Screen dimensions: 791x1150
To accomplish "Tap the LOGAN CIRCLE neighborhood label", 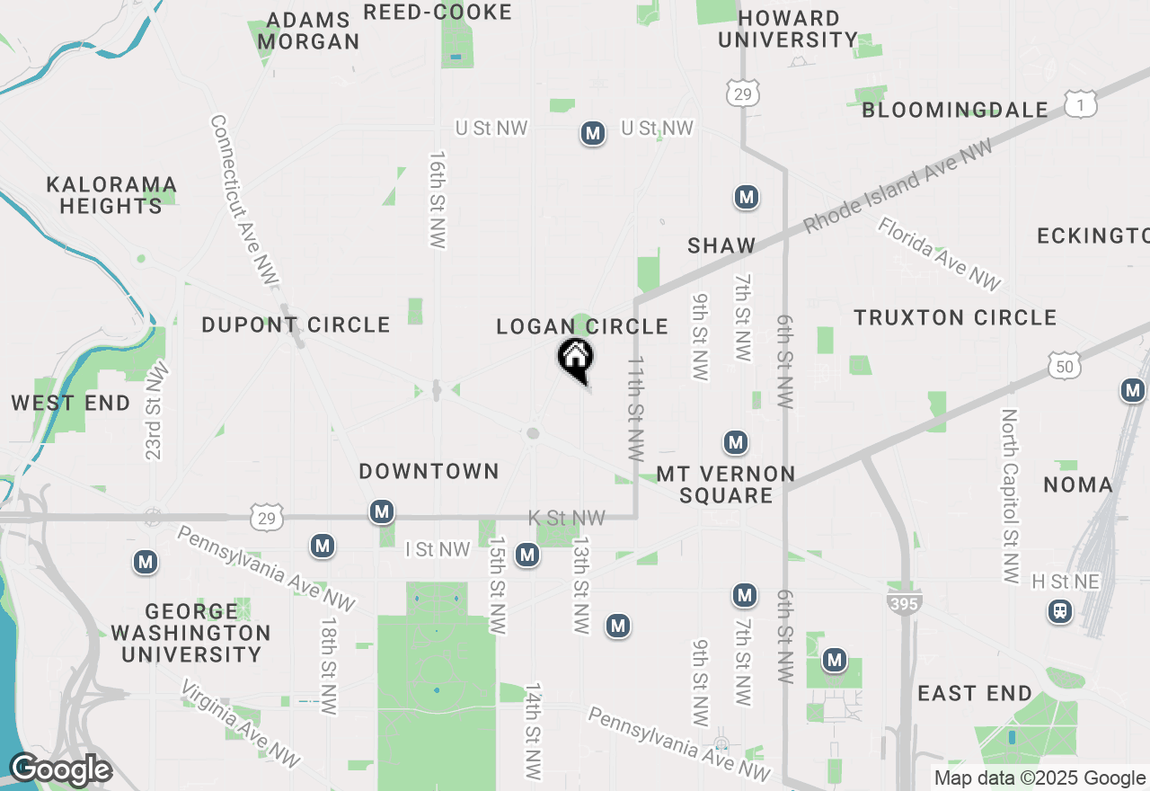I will pyautogui.click(x=582, y=326).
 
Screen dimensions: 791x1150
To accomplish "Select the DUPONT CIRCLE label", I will pyautogui.click(x=296, y=324).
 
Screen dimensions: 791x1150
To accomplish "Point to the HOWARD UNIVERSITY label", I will pyautogui.click(x=788, y=29).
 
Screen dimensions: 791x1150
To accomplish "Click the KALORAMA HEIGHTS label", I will pyautogui.click(x=111, y=195).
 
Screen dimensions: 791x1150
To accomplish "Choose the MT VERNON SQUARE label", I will pyautogui.click(x=726, y=484).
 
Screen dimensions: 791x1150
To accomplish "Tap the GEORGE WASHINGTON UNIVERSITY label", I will pyautogui.click(x=190, y=633).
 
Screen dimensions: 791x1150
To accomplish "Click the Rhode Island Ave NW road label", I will pyautogui.click(x=898, y=186).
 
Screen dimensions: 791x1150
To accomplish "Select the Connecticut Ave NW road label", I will pyautogui.click(x=243, y=201).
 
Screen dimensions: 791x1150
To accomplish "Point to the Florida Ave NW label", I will pyautogui.click(x=939, y=254).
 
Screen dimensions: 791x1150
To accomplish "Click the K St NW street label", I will pyautogui.click(x=566, y=518).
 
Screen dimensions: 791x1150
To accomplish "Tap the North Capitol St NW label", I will pyautogui.click(x=1010, y=496).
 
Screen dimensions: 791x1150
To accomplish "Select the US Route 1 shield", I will pyautogui.click(x=1081, y=104).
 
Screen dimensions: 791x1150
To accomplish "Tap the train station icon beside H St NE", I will pyautogui.click(x=1060, y=612).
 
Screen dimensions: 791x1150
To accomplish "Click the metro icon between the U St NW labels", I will pyautogui.click(x=592, y=134).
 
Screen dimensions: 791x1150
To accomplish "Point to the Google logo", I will pyautogui.click(x=60, y=770).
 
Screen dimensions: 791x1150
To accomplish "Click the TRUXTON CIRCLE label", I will pyautogui.click(x=955, y=317).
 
